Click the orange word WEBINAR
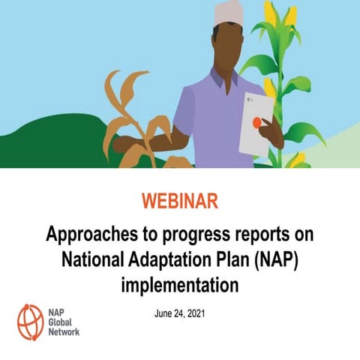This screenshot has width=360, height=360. tap(179, 203)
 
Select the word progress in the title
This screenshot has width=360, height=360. tap(200, 235)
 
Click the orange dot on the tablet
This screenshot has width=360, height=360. tap(257, 121)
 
